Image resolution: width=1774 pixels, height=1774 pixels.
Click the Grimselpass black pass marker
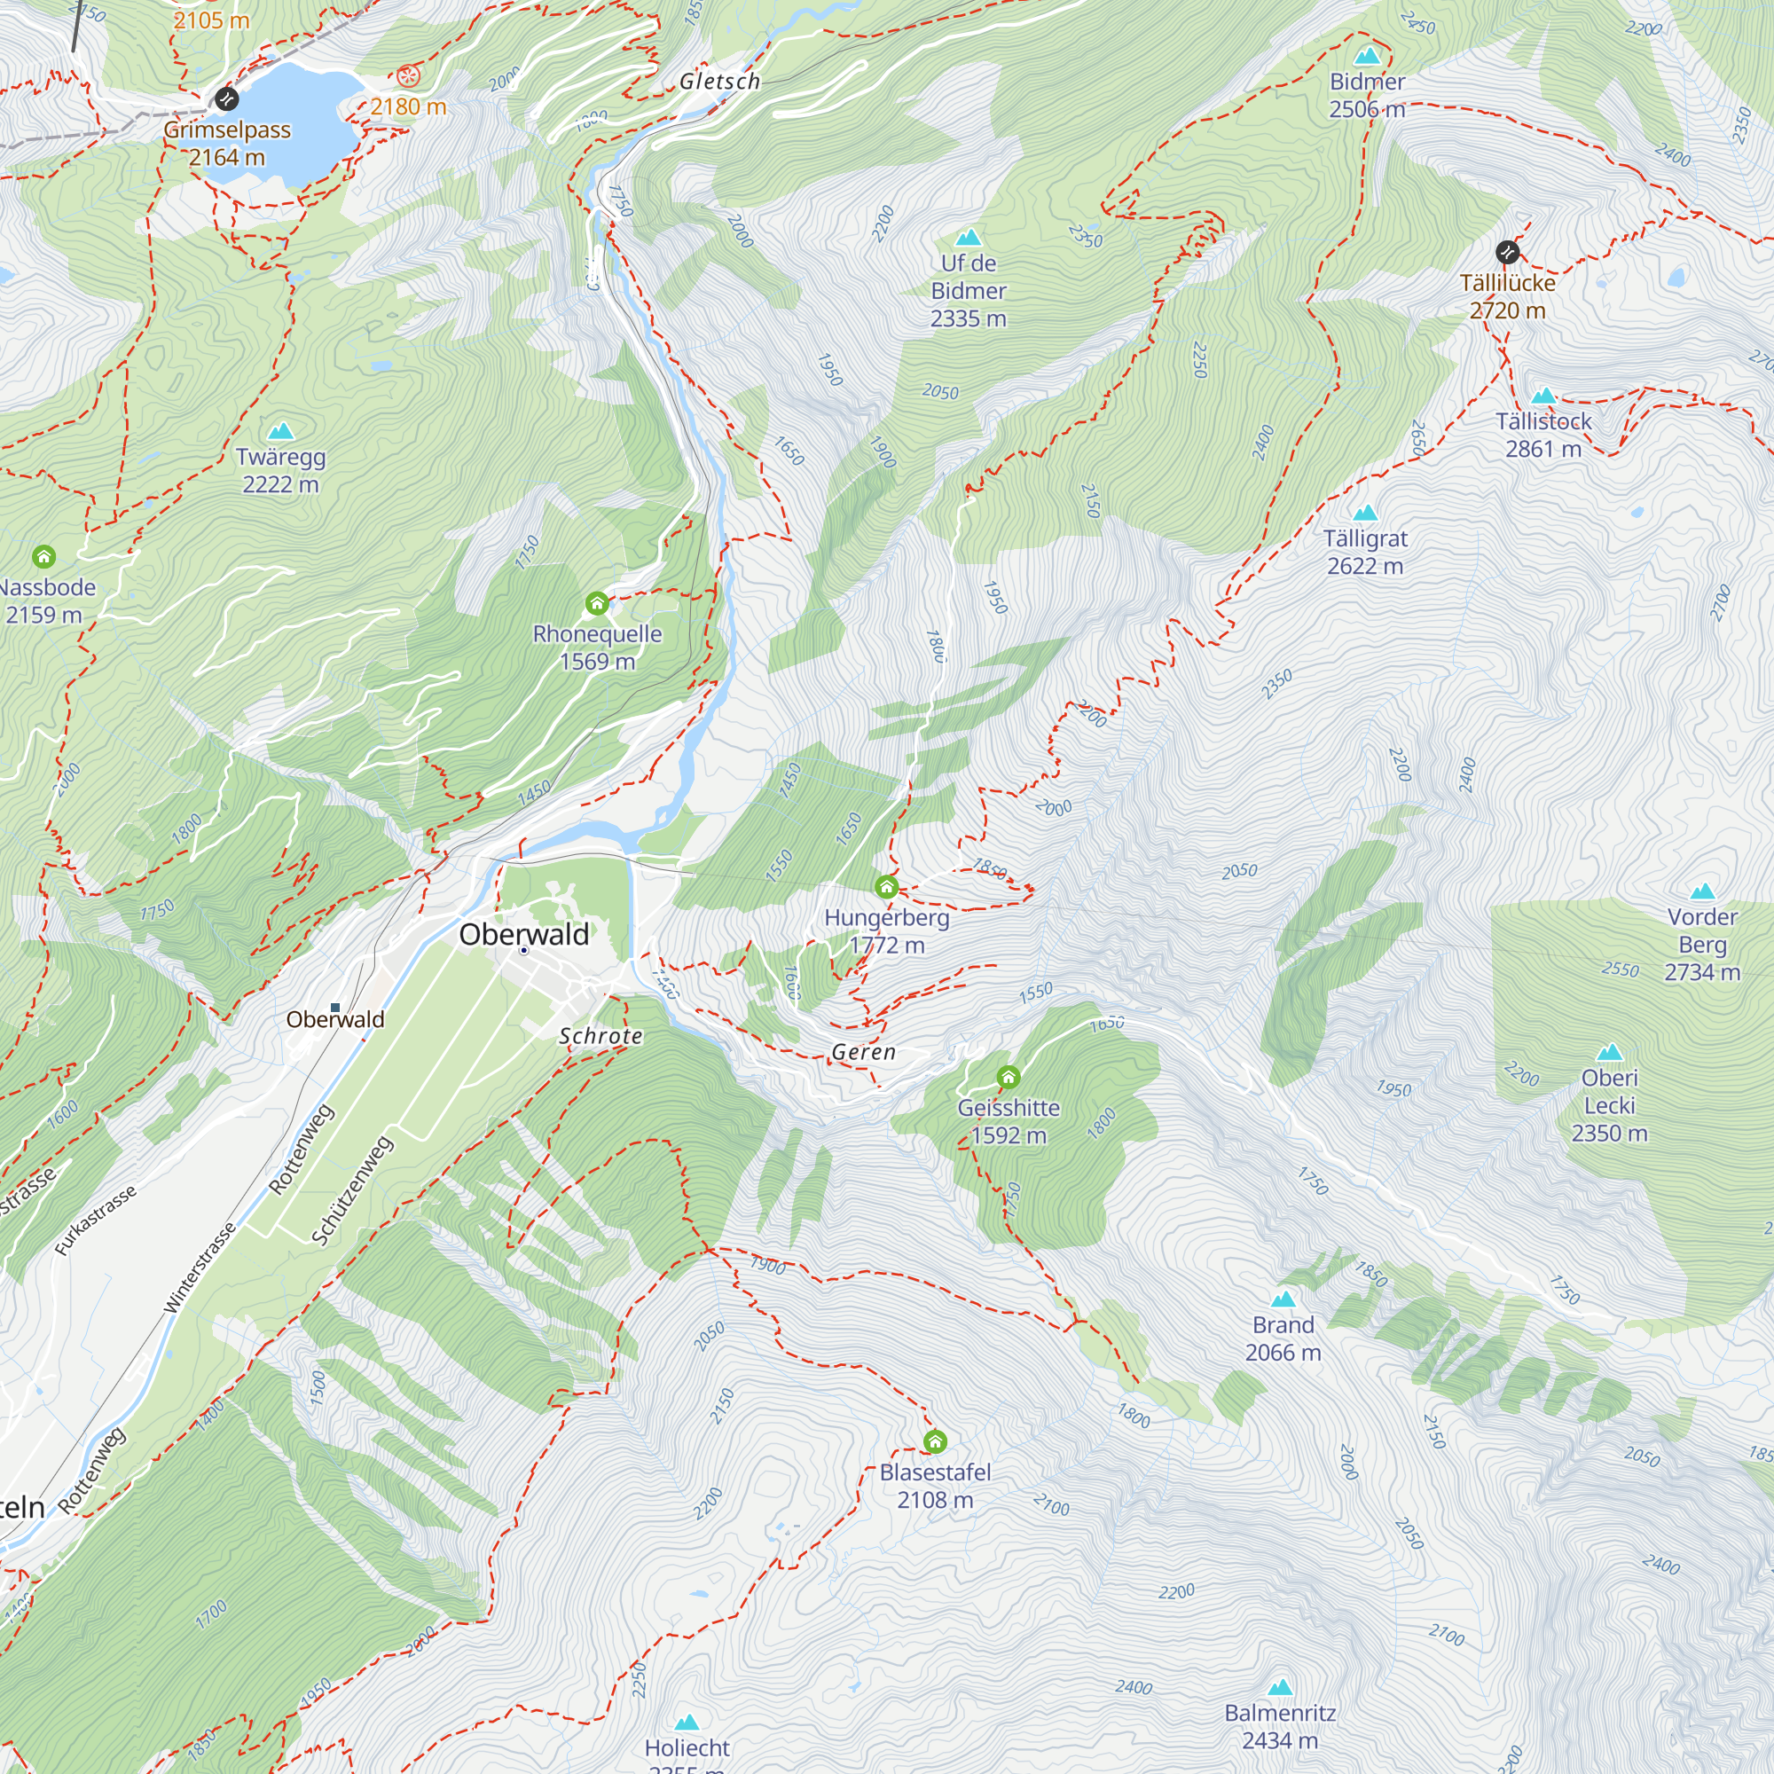226,98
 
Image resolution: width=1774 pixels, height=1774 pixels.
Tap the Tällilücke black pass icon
1507,252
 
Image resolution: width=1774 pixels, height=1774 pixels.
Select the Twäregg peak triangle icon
280,431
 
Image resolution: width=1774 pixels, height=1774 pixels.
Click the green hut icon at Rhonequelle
597,603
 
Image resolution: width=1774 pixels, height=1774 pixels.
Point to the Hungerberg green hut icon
886,887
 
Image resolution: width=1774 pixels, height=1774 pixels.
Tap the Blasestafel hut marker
935,1441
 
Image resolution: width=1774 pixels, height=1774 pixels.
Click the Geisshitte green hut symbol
1009,1077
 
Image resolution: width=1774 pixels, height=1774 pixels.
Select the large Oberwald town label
523,934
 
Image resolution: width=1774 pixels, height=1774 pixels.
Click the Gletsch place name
720,82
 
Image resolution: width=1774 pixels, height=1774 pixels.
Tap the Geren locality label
863,1052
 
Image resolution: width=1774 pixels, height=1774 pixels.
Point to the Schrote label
600,1036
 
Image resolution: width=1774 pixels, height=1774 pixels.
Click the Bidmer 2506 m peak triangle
1367,56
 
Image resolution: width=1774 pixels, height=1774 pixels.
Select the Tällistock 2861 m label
1542,436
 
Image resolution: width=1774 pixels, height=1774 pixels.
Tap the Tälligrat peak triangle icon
1364,513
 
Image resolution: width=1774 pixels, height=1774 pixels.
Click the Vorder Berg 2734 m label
1701,944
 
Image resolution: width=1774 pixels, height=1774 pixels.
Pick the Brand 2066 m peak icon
1283,1299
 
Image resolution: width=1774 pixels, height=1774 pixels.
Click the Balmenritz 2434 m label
1279,1726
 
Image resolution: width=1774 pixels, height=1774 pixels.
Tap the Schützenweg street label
353,1191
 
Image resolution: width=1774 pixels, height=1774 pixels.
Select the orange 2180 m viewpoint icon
408,75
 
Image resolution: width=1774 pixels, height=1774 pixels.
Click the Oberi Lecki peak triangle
1609,1052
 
